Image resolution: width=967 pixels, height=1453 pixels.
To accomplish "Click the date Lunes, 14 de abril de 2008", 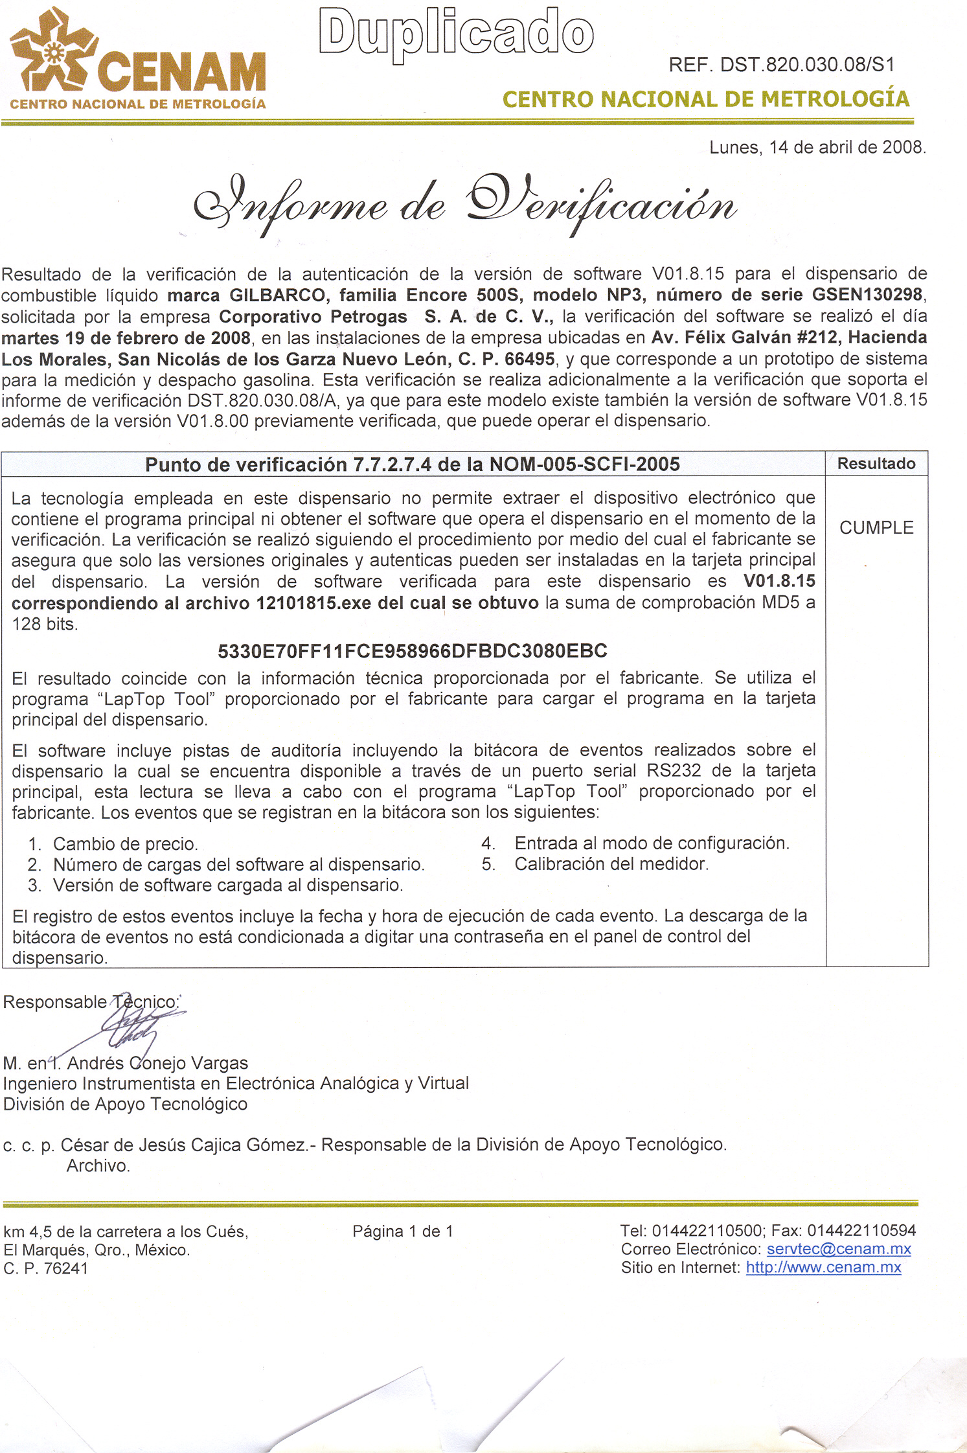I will point(817,148).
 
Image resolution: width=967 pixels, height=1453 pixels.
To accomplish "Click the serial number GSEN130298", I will point(867,295).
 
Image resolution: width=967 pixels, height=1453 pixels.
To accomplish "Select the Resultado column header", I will point(876,464).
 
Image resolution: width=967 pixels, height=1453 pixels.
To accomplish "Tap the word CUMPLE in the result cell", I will point(876,528).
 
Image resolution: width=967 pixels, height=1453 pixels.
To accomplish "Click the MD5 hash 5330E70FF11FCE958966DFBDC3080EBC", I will point(413,651).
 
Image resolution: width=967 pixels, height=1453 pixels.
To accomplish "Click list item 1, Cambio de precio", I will point(125,844).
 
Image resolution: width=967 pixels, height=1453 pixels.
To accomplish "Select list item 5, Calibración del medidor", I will point(611,864).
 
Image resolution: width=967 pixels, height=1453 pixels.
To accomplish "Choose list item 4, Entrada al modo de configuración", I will point(652,843).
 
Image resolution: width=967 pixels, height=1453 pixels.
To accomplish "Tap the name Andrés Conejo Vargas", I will point(157,1063).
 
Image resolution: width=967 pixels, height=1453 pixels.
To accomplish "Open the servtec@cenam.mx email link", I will point(839,1249).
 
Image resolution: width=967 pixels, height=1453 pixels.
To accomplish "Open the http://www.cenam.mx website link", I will point(823,1268).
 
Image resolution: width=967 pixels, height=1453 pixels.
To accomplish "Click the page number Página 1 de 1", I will point(403,1231).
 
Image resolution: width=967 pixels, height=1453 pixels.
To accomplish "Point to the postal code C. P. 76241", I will point(46,1268).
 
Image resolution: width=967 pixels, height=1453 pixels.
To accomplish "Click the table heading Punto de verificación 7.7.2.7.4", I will point(413,464).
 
